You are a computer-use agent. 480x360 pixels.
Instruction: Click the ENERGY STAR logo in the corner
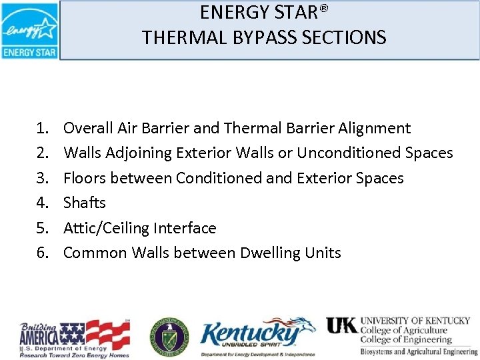point(29,30)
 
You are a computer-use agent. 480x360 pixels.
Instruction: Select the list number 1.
point(43,128)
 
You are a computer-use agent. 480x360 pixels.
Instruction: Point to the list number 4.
point(43,203)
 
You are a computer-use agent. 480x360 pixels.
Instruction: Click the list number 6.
point(43,253)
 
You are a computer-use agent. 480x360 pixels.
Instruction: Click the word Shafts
point(85,203)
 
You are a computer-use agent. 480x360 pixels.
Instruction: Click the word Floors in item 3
point(84,178)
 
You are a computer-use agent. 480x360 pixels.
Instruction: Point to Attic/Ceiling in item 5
point(106,228)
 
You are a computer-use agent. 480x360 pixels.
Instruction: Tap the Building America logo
point(74,338)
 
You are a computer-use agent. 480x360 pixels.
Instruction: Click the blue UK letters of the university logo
point(341,325)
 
